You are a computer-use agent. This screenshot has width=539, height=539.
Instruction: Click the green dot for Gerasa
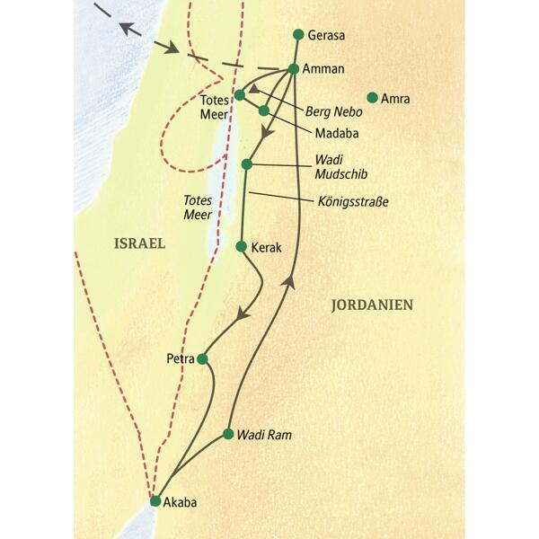[298, 35]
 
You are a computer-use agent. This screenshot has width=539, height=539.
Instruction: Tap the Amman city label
[326, 68]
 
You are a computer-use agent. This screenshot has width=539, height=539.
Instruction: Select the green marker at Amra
[371, 98]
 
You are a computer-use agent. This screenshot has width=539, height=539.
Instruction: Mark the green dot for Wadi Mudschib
[247, 164]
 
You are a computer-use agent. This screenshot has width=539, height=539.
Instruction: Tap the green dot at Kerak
[241, 245]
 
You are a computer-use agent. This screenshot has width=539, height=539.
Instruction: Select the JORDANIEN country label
[372, 305]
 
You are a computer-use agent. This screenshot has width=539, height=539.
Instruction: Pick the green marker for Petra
[202, 358]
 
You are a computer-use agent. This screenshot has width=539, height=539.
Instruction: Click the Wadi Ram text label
[264, 435]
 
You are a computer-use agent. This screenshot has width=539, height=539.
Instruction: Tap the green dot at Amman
[294, 69]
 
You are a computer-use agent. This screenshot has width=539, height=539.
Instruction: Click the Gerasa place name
[326, 36]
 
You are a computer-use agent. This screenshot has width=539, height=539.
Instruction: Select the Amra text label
[395, 99]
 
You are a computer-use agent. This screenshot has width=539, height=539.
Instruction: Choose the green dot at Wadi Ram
[228, 434]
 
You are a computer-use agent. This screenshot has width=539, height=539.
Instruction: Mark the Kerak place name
[267, 246]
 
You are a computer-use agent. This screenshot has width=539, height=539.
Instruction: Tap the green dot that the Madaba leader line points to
[264, 110]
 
